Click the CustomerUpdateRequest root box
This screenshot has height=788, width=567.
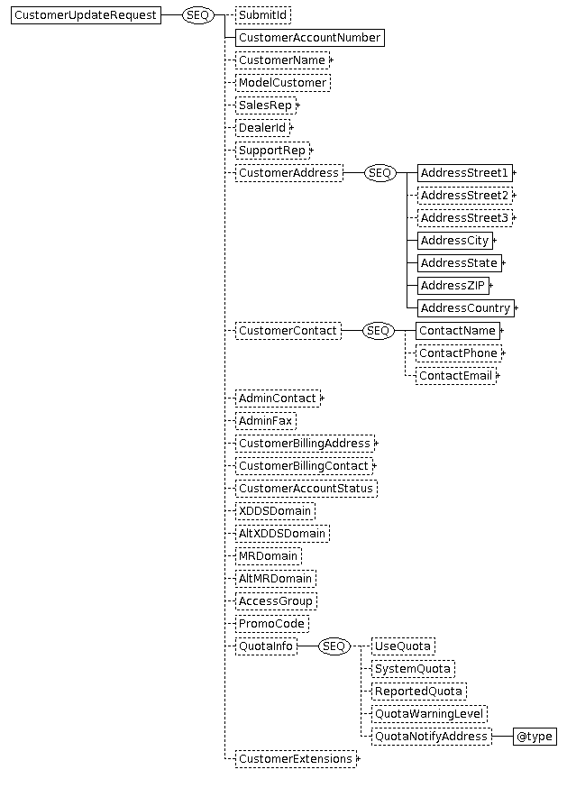click(86, 15)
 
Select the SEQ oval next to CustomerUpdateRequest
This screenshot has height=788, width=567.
click(197, 15)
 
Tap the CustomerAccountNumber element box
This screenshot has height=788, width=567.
click(309, 38)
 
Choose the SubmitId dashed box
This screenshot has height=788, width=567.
click(263, 15)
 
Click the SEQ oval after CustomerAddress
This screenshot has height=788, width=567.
click(380, 173)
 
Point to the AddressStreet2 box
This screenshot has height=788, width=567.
click(465, 196)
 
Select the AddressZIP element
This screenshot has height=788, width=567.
click(453, 286)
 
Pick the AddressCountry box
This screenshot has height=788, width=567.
click(466, 308)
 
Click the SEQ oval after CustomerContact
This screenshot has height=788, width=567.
click(378, 331)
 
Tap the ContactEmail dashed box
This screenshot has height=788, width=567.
click(456, 376)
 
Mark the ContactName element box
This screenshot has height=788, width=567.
click(458, 331)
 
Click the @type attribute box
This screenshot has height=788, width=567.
click(535, 737)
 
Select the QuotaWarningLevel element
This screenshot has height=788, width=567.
click(429, 714)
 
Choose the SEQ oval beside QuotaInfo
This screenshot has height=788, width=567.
click(334, 646)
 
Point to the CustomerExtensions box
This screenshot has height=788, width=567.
click(296, 759)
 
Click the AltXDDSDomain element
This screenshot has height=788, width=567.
click(282, 534)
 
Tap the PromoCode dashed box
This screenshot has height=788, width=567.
click(272, 624)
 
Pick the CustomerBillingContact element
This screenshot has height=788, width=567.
click(304, 466)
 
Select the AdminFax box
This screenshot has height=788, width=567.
click(265, 421)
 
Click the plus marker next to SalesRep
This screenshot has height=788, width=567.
click(298, 105)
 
